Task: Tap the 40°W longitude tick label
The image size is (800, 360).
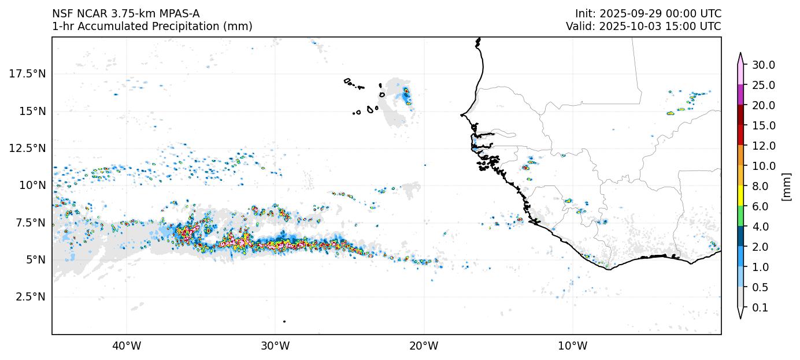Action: (127, 346)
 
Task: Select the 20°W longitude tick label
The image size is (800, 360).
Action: (424, 346)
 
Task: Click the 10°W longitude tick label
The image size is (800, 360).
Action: (572, 346)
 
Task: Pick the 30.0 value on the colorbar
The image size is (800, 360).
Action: (763, 65)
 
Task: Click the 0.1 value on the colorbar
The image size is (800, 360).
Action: (760, 308)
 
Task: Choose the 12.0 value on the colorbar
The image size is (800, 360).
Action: (763, 146)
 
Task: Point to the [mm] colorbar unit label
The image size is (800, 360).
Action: (786, 186)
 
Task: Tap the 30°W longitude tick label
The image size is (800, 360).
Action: (275, 346)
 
